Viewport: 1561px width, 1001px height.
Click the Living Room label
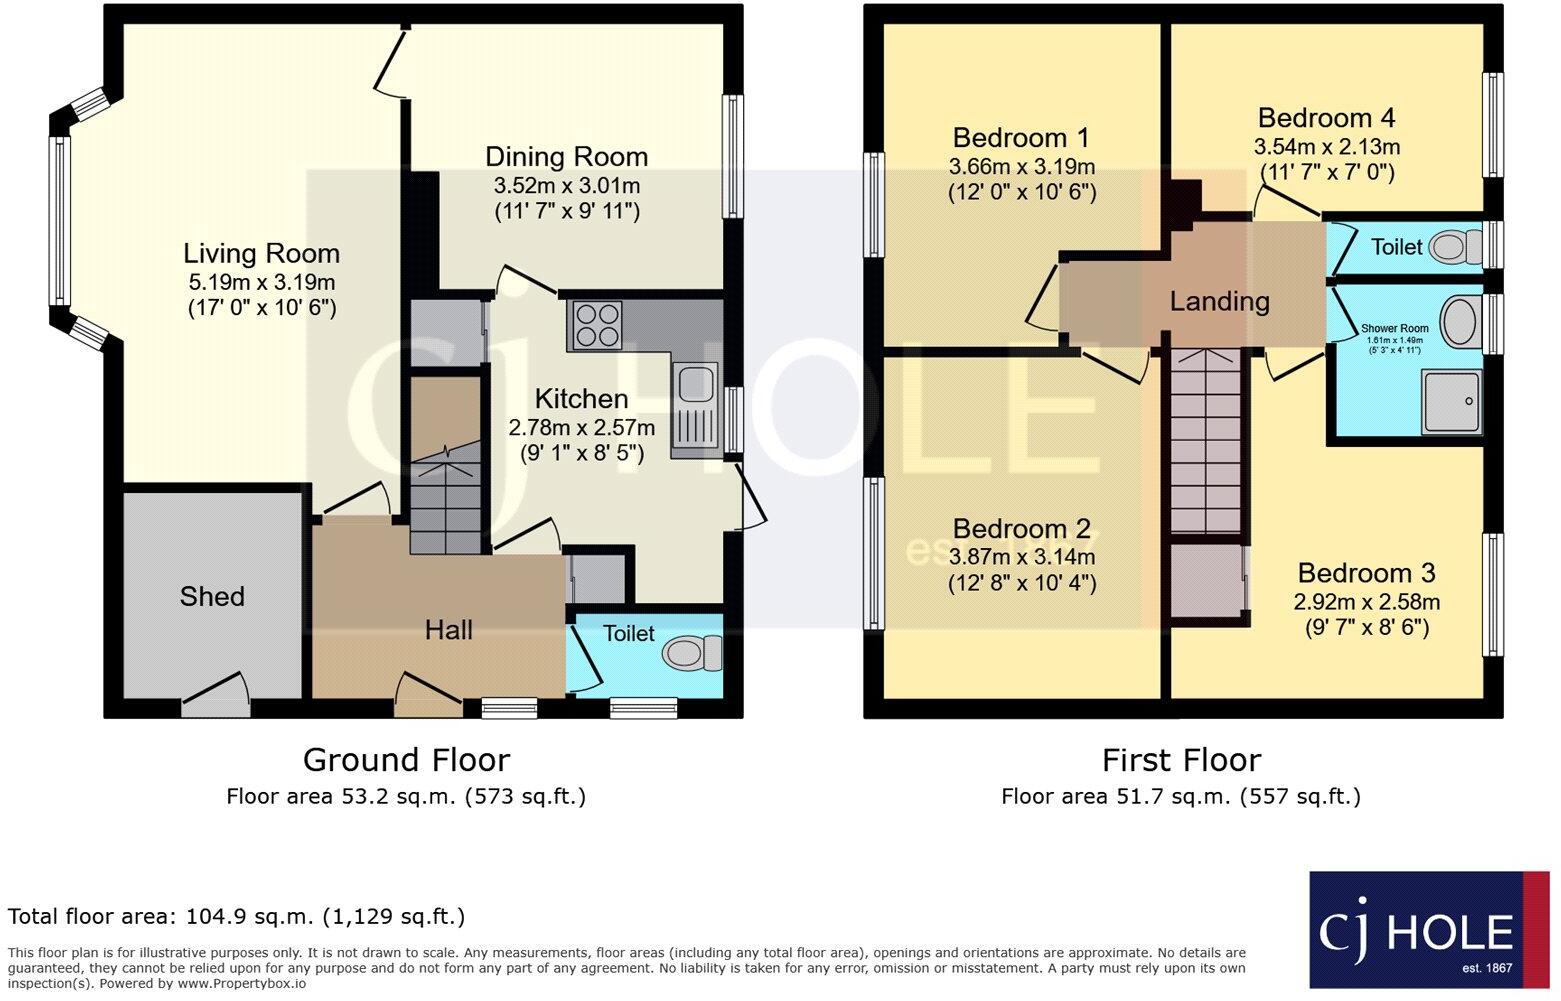(261, 254)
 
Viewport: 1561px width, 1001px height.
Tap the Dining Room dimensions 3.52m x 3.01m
(566, 186)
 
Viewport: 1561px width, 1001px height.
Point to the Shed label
(212, 597)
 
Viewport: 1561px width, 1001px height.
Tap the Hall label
(448, 630)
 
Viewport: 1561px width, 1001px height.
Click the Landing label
(1219, 301)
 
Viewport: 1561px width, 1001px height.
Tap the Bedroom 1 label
(1021, 138)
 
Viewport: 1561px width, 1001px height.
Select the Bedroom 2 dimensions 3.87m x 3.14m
(1021, 557)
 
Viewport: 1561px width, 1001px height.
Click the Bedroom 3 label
(1366, 573)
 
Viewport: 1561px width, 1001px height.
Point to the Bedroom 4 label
(1326, 118)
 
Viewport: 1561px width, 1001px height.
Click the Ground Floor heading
(406, 760)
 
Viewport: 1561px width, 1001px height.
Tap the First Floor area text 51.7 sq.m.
(1180, 796)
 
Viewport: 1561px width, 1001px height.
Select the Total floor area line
(236, 916)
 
